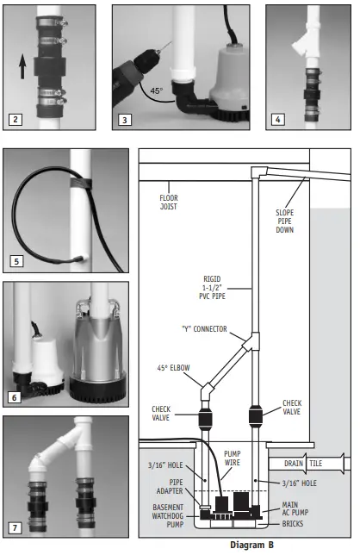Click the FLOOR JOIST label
169,202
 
